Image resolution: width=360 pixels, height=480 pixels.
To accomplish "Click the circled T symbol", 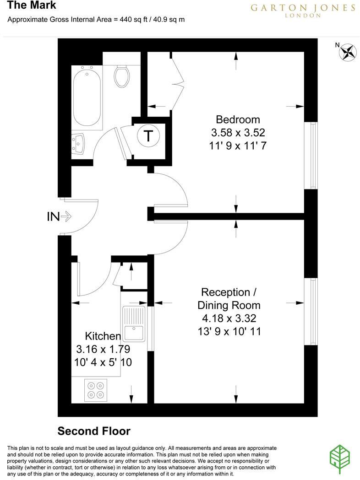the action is point(148,135).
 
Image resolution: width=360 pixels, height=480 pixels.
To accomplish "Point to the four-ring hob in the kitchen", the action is point(96,390).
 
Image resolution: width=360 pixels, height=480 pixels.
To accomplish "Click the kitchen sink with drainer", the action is point(134,324).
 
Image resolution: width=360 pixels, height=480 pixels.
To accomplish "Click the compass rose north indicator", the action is point(348,52).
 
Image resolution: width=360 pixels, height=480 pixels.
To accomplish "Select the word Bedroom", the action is point(238,119).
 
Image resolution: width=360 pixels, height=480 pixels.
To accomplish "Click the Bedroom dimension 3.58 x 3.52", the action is point(238,132).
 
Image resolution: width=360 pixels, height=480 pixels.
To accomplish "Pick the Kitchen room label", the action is point(103,336).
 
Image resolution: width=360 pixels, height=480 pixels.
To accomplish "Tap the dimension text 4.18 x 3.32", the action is point(229,318).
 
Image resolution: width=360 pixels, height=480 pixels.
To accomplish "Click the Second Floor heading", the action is point(94,431).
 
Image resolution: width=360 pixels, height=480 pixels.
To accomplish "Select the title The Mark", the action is point(32,5).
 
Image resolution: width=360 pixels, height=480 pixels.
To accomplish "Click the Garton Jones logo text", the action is point(303,9).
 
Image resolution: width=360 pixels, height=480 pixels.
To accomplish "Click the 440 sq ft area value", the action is point(134,20).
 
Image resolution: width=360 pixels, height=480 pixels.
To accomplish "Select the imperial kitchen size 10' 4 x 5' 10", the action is point(103,362).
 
